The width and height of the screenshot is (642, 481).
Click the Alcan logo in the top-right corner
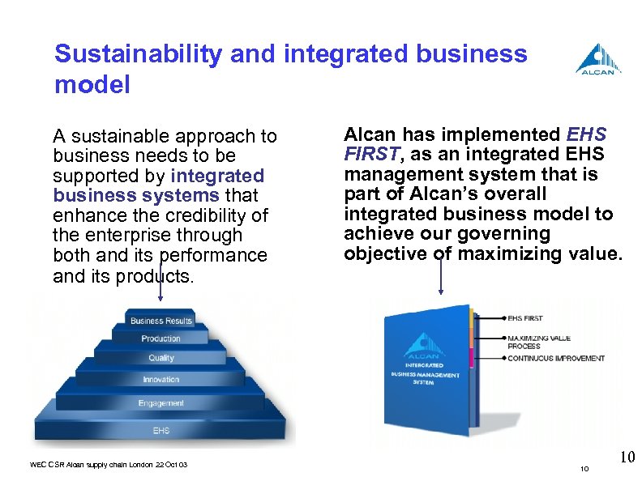(x=599, y=58)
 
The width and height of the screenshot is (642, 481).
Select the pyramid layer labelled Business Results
(x=161, y=321)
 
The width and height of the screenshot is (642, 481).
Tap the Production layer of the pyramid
(x=160, y=338)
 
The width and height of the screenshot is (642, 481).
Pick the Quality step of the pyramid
(x=160, y=358)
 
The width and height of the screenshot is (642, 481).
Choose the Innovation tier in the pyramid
(x=160, y=379)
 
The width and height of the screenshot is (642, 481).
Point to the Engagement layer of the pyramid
(x=160, y=402)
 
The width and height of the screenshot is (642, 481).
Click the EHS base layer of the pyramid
(x=160, y=430)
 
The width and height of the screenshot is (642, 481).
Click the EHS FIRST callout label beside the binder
(x=527, y=318)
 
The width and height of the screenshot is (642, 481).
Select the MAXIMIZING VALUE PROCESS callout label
(x=538, y=342)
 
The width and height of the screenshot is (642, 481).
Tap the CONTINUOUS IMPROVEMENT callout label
(x=555, y=358)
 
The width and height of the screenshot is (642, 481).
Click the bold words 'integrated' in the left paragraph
(x=218, y=176)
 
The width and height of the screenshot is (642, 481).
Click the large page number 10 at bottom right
(x=627, y=458)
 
